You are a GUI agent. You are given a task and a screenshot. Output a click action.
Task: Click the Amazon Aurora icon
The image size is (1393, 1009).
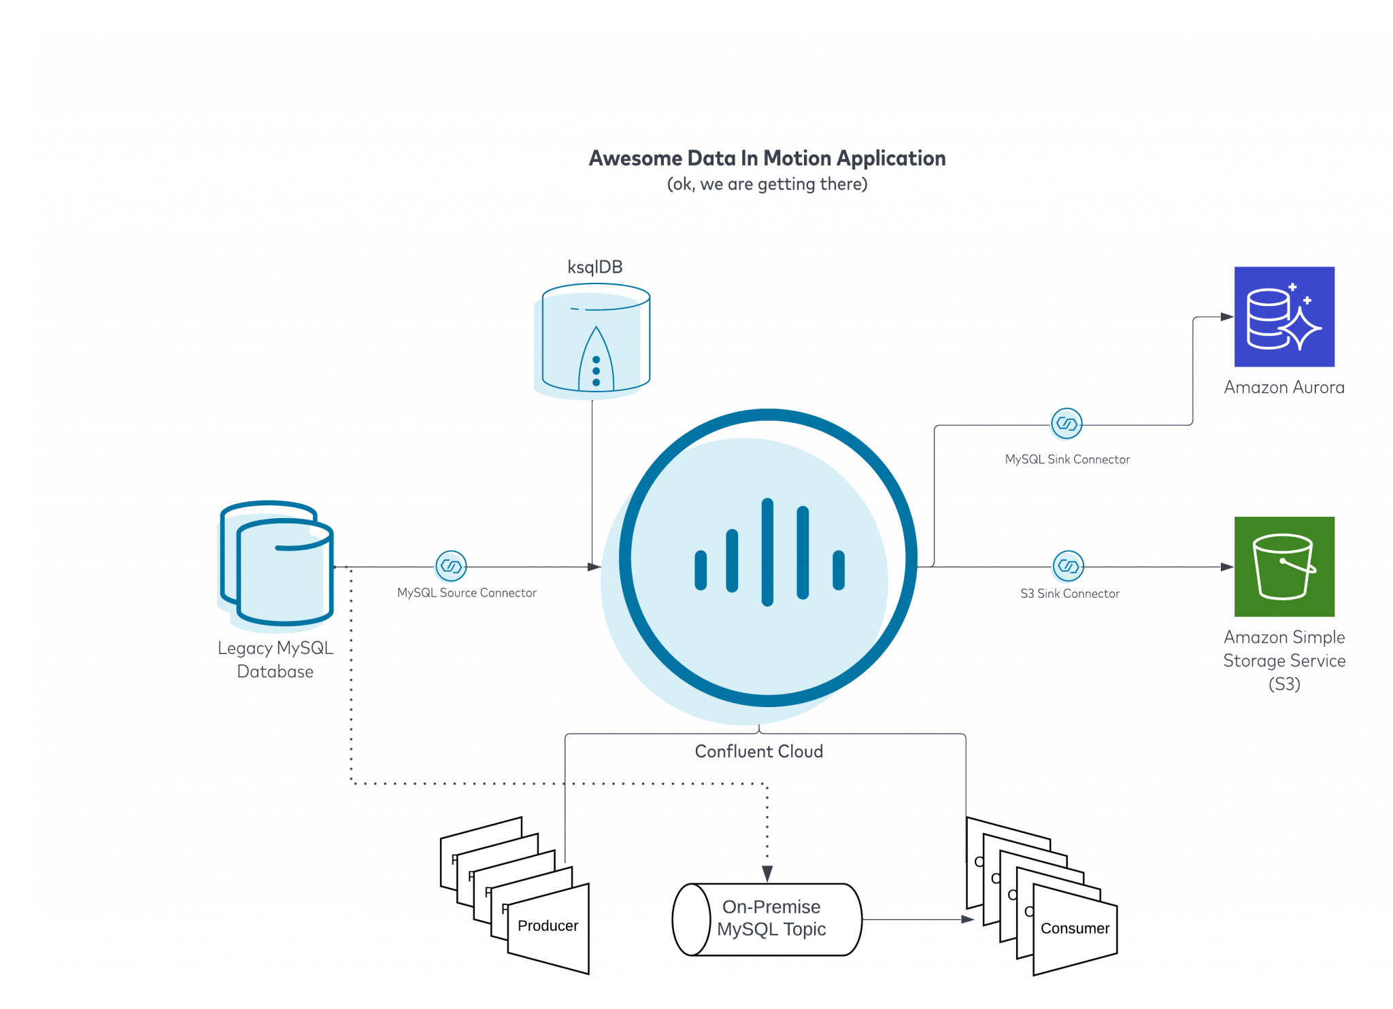tap(1284, 317)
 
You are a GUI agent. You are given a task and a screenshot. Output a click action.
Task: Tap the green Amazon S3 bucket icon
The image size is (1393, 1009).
tap(1284, 566)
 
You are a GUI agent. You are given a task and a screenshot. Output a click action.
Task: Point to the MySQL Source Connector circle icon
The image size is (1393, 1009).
tap(451, 566)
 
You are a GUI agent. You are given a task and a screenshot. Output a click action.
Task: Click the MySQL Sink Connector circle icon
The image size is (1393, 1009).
tap(1067, 424)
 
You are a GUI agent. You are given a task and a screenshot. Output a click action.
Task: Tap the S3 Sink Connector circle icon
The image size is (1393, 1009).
tap(1069, 566)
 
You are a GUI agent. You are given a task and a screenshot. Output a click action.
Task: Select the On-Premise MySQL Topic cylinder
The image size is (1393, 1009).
tap(767, 919)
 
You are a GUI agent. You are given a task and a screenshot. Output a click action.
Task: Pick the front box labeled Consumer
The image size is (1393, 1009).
tap(1075, 929)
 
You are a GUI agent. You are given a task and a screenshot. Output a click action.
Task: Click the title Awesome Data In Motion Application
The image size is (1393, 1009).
tap(767, 158)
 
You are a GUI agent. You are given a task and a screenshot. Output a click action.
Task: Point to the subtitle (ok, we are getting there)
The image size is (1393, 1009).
tap(767, 184)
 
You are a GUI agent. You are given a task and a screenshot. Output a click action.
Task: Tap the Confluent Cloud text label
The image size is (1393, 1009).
tap(759, 751)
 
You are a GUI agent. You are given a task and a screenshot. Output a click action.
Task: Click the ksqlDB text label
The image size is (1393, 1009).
tap(595, 267)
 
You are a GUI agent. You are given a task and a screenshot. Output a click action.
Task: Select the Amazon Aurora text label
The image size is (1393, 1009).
tap(1284, 388)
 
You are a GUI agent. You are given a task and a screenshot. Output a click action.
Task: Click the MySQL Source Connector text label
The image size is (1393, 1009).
tap(467, 593)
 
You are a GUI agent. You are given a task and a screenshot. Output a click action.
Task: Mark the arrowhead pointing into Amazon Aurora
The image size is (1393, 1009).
tap(1227, 317)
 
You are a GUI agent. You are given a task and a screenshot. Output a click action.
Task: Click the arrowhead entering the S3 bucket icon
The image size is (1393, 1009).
tap(1227, 567)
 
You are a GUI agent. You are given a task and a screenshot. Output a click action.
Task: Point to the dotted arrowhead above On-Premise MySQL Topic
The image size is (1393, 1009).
tap(767, 874)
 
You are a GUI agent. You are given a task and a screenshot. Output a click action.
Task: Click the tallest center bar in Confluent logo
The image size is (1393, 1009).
tap(767, 552)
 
